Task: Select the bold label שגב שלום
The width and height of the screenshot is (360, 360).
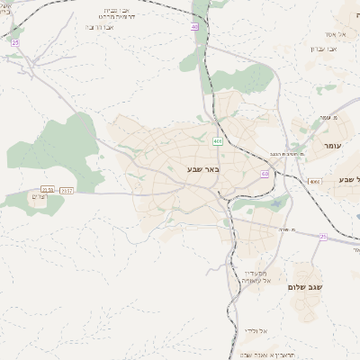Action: (x=305, y=287)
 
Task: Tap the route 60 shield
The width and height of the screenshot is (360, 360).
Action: (x=265, y=173)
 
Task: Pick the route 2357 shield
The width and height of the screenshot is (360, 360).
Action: (x=67, y=190)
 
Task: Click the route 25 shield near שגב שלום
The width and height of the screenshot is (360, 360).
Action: (x=322, y=236)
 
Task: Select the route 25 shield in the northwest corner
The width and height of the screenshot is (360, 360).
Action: (x=14, y=42)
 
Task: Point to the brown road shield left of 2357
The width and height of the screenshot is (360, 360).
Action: (x=48, y=190)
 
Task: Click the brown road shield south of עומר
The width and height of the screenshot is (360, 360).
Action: (x=313, y=182)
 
